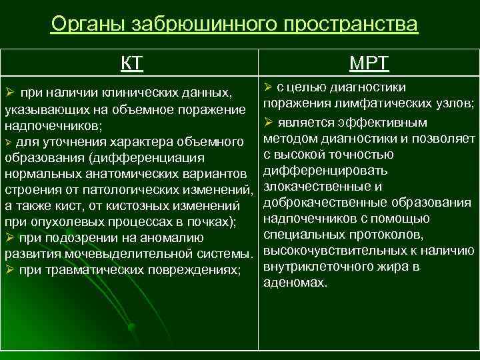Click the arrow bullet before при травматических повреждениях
pos(10,270)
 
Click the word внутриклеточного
pos(315,267)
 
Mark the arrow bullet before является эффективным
pos(269,123)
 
